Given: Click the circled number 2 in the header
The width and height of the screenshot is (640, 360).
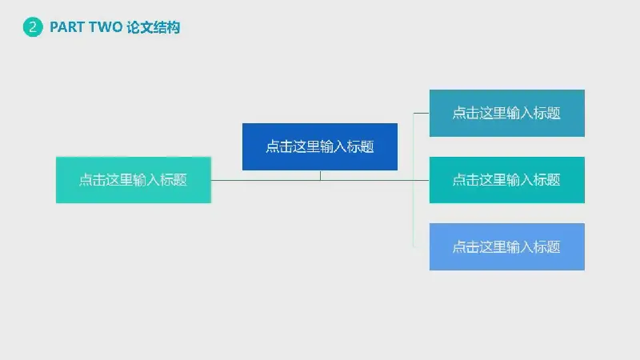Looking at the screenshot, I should click(x=32, y=27).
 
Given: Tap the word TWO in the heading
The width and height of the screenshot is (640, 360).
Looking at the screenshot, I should click(x=106, y=27).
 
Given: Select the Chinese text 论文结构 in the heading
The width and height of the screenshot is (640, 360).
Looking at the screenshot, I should click(x=153, y=27).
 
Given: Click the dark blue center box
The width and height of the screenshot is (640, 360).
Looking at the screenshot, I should click(x=320, y=146).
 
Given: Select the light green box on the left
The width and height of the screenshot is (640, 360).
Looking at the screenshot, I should click(x=134, y=180).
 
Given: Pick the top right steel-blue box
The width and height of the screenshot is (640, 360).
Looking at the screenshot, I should click(x=507, y=113).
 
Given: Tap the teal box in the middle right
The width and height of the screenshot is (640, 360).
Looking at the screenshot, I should click(x=507, y=179).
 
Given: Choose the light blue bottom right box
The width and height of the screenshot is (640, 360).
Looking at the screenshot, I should click(x=507, y=246).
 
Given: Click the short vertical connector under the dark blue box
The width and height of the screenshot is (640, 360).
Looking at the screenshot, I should click(x=320, y=175).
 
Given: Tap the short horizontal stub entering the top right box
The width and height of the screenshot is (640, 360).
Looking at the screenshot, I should click(x=422, y=113).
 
